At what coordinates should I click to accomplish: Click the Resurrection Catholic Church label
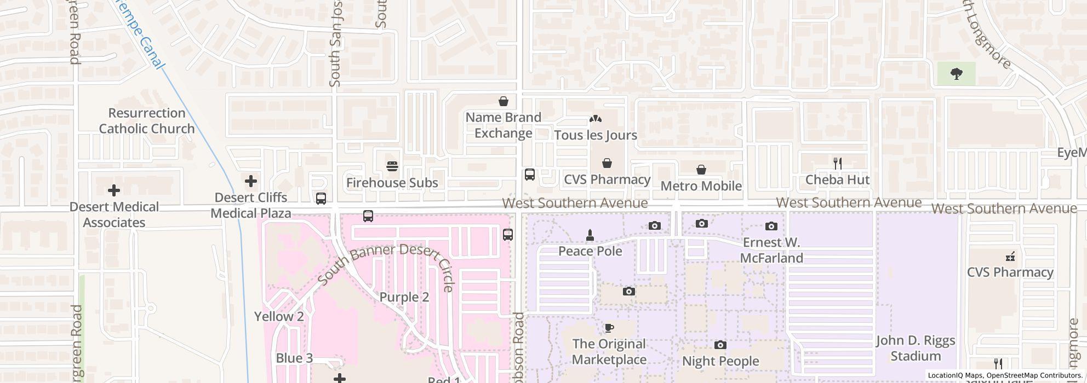(x=146, y=121)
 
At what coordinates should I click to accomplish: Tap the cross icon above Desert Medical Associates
(x=114, y=190)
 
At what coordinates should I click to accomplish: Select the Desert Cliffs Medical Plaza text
(x=251, y=205)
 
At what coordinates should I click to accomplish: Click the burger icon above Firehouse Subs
(x=392, y=166)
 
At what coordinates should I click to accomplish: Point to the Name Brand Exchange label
(x=503, y=125)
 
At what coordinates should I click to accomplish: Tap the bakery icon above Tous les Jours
(x=596, y=119)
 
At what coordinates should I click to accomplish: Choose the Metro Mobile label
(x=701, y=186)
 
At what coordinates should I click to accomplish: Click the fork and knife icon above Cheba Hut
(x=837, y=163)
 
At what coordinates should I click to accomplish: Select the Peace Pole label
(x=590, y=251)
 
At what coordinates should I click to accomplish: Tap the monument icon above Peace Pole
(x=590, y=235)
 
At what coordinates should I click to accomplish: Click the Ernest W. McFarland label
(x=771, y=250)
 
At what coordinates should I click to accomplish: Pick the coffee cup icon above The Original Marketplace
(x=609, y=328)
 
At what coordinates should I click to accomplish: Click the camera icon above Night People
(x=720, y=345)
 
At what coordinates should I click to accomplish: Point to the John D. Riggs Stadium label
(x=915, y=349)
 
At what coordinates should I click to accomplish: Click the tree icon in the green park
(x=957, y=74)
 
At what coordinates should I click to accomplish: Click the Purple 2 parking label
(x=404, y=297)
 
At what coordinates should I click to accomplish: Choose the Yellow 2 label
(x=279, y=317)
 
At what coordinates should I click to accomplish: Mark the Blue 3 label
(x=294, y=358)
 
